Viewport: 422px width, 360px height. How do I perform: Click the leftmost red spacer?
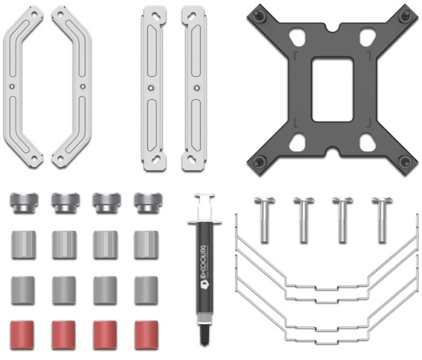(23, 335)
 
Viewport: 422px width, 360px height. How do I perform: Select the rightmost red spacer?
(147, 335)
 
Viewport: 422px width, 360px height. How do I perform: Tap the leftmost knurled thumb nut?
(24, 203)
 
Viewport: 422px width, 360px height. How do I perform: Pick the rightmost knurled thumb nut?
(148, 203)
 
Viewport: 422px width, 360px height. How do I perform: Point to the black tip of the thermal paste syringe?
(205, 335)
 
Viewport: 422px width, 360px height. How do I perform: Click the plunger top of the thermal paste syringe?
(205, 195)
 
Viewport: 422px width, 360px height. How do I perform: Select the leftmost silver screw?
(265, 220)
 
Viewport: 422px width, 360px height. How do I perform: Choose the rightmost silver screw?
(382, 220)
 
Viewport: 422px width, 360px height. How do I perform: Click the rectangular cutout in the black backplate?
(333, 89)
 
